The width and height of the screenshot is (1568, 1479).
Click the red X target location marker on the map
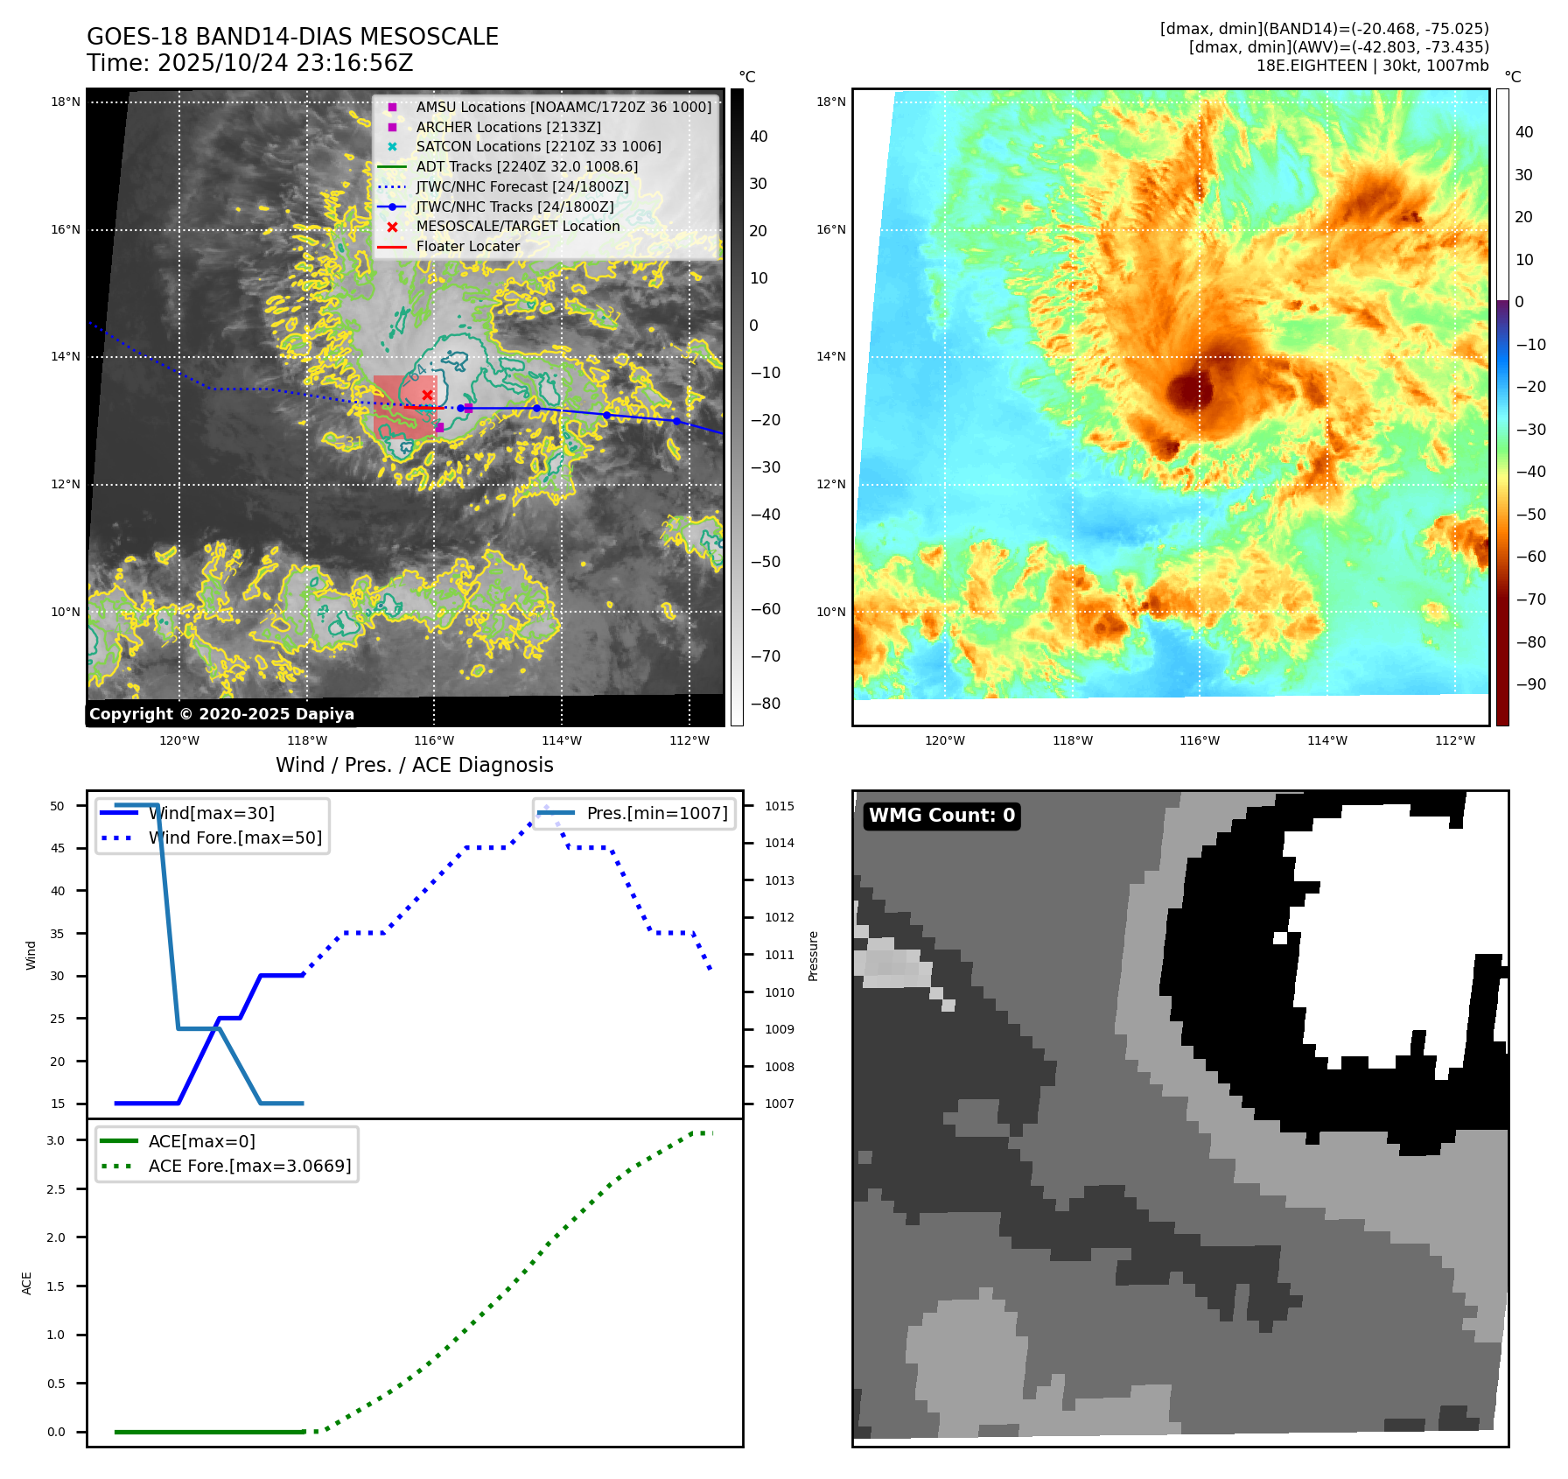(x=427, y=396)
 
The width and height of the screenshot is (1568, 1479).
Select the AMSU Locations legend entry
(x=563, y=107)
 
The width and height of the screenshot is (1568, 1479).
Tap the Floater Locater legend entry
(x=467, y=246)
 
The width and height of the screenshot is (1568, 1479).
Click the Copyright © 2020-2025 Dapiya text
(x=221, y=714)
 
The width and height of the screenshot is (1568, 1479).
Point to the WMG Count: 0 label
(x=941, y=816)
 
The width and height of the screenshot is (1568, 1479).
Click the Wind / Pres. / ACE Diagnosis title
(x=414, y=765)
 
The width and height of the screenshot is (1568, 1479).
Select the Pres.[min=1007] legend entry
(x=656, y=813)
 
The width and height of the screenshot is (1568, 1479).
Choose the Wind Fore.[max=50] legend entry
(x=234, y=838)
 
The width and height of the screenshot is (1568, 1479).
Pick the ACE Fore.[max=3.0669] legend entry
(x=249, y=1166)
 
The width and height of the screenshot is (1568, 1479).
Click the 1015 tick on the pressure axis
(x=779, y=806)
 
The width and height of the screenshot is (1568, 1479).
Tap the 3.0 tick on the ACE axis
(x=56, y=1140)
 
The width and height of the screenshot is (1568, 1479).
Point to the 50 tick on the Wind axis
(x=57, y=806)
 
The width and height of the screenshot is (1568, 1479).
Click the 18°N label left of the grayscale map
(x=66, y=102)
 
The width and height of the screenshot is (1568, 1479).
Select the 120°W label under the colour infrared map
(x=945, y=740)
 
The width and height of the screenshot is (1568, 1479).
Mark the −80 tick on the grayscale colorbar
(x=765, y=704)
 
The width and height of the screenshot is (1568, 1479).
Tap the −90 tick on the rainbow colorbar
(x=1530, y=684)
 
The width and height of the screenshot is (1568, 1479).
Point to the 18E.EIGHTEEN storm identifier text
(x=1312, y=66)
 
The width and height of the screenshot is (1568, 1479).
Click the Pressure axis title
(x=813, y=956)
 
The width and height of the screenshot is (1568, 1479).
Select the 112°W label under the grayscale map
(x=689, y=740)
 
